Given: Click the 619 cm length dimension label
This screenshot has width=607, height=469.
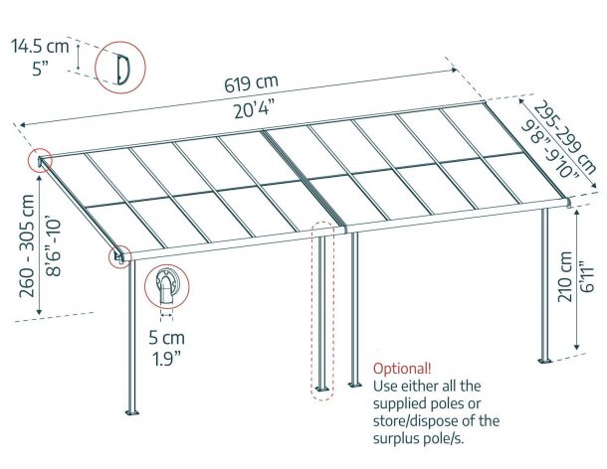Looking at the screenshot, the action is (x=251, y=83).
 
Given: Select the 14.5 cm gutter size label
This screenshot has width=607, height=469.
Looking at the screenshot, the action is (x=40, y=46).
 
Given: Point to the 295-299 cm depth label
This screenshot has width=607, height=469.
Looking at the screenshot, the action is (x=565, y=137).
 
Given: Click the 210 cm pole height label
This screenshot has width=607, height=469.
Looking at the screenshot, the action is (x=565, y=276).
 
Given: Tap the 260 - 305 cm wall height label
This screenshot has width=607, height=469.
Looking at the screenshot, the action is (x=28, y=245).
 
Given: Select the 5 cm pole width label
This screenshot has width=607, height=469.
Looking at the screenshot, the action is (x=167, y=338).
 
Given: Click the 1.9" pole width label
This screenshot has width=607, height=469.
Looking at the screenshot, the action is (x=167, y=359).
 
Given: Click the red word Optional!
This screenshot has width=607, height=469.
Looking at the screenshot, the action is (x=402, y=368).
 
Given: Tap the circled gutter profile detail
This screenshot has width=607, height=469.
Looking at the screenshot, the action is (x=120, y=68).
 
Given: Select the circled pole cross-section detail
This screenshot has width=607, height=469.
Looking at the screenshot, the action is (x=167, y=286).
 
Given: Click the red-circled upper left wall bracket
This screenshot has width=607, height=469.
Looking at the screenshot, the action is (x=40, y=160).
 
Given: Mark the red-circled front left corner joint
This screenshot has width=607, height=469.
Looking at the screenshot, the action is (x=119, y=256).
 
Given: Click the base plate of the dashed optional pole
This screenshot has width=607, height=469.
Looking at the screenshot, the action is (x=321, y=389).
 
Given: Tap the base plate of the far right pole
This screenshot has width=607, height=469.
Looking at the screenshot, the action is (x=544, y=361).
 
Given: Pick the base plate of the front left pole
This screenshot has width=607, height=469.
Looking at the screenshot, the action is (x=132, y=412).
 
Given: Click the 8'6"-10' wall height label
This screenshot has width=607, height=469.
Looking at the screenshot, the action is (x=54, y=247).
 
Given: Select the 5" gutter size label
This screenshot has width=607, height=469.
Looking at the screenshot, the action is (x=40, y=69).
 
